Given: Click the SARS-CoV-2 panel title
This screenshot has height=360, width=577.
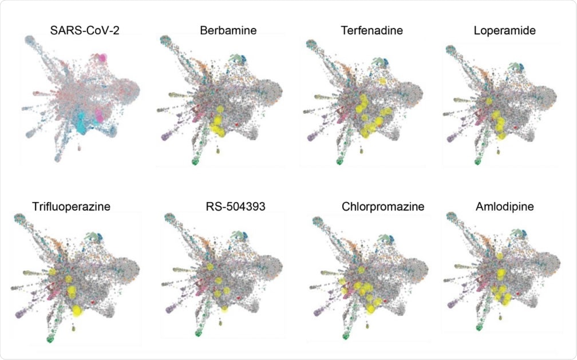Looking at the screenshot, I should tap(80, 31).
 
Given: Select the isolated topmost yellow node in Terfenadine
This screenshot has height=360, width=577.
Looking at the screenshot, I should tap(382, 81).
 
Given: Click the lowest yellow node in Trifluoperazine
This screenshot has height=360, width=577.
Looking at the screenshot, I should tap(77, 310).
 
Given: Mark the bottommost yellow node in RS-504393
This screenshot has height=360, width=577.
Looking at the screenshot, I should tap(224, 308).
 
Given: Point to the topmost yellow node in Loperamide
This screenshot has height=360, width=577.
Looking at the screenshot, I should tap(489, 101).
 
